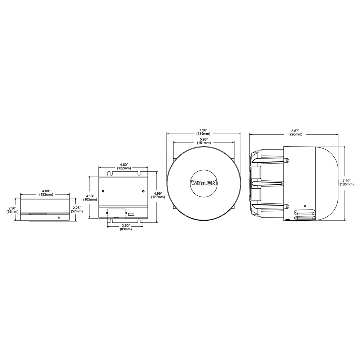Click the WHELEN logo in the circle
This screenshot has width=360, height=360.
pyautogui.click(x=204, y=183)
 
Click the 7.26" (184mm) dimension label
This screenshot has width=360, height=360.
pyautogui.click(x=204, y=132)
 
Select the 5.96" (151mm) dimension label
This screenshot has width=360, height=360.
pyautogui.click(x=204, y=141)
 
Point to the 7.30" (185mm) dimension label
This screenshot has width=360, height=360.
pyautogui.click(x=347, y=183)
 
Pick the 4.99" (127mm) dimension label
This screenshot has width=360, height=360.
pyautogui.click(x=158, y=195)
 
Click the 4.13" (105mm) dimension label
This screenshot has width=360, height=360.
pyautogui.click(x=90, y=197)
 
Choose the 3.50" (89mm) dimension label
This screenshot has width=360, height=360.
pyautogui.click(x=125, y=228)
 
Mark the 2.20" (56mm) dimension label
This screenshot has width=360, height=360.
pyautogui.click(x=12, y=210)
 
